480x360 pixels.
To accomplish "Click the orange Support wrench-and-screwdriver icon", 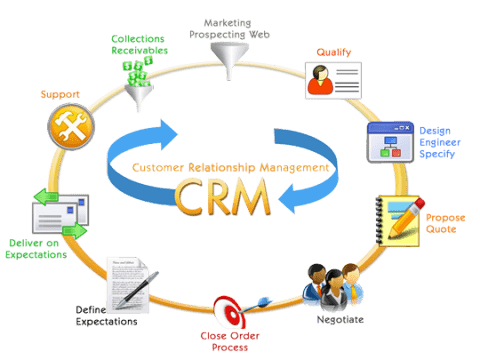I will pyautogui.click(x=67, y=126).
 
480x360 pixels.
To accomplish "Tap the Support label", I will pyautogui.click(x=59, y=94).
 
